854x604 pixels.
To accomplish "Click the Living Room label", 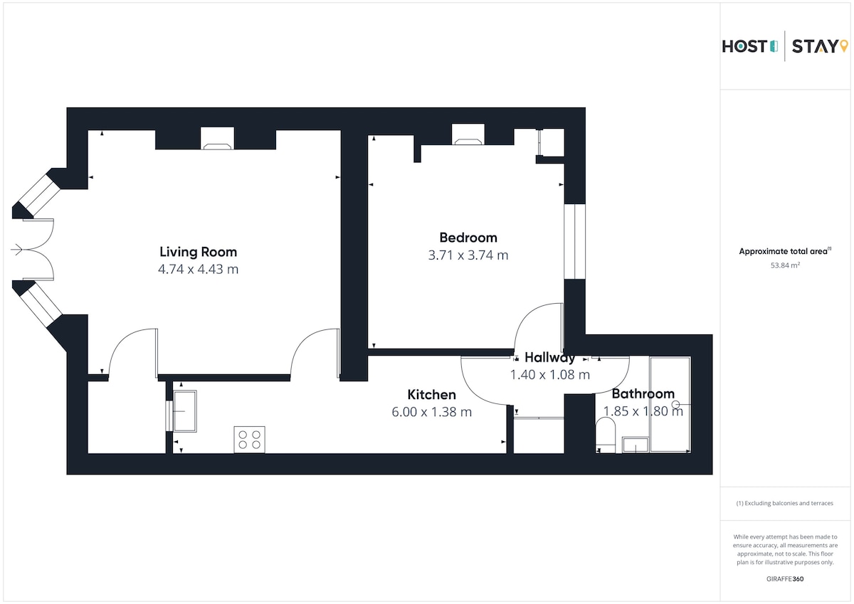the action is (x=199, y=252).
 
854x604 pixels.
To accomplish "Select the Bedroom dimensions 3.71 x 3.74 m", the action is (x=468, y=255).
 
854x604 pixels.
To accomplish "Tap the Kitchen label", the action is (x=431, y=394).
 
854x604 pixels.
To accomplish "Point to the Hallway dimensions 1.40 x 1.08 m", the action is (x=549, y=375).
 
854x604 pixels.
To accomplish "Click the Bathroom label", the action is (x=643, y=393).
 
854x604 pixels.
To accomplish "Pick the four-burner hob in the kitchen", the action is (x=249, y=440).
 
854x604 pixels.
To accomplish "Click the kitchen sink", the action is (x=185, y=410).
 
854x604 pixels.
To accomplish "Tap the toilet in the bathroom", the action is (x=606, y=435).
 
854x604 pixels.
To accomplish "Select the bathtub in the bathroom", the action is (x=670, y=405).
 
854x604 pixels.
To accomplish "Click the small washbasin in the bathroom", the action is (x=635, y=445).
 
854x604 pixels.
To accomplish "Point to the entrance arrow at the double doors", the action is (x=17, y=250).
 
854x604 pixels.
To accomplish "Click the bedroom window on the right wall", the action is (x=574, y=242).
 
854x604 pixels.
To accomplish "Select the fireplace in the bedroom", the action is (x=468, y=134).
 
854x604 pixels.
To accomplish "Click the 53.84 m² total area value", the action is (x=785, y=265).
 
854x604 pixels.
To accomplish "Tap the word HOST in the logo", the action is (x=744, y=46).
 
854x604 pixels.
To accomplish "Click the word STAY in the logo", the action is (x=814, y=46).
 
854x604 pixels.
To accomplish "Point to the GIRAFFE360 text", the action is (x=785, y=579).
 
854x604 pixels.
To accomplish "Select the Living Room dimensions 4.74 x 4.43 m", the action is (x=199, y=270).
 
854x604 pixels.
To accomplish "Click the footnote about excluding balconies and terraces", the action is (x=784, y=503).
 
